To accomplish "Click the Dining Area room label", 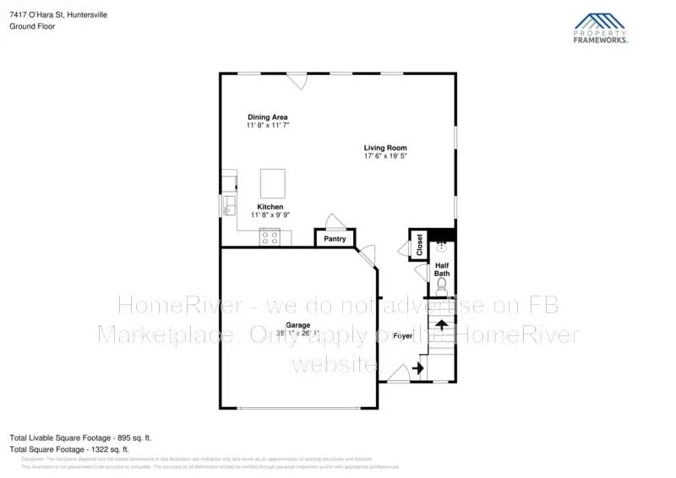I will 268,117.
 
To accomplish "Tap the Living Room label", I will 385,148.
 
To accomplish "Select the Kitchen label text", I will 270,207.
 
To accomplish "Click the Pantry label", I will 335,240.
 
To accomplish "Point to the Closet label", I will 419,245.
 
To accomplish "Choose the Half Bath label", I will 442,269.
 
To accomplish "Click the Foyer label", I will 403,336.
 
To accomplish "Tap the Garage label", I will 297,325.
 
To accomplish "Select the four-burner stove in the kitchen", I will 270,237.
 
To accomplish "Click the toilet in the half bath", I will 442,286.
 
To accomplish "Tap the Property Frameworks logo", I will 601,27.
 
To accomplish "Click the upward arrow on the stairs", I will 440,325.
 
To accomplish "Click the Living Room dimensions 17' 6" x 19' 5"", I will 385,156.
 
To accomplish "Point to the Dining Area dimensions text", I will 268,125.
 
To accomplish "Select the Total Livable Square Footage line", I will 72,437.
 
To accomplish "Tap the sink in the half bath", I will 440,247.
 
